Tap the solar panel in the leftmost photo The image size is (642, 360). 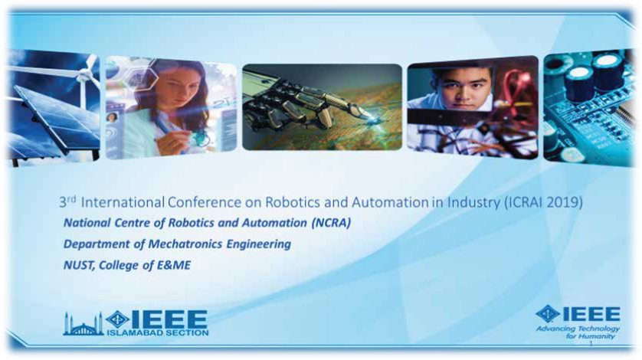(x=53, y=119)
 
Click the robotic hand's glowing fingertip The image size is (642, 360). (x=372, y=119)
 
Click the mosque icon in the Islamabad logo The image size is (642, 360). (x=83, y=324)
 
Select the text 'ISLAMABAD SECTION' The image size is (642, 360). (x=158, y=332)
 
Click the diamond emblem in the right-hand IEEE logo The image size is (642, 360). (x=548, y=314)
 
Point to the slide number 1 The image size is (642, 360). (x=591, y=345)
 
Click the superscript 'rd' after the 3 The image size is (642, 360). (x=71, y=199)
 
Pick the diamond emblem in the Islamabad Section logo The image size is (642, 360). (x=118, y=319)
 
